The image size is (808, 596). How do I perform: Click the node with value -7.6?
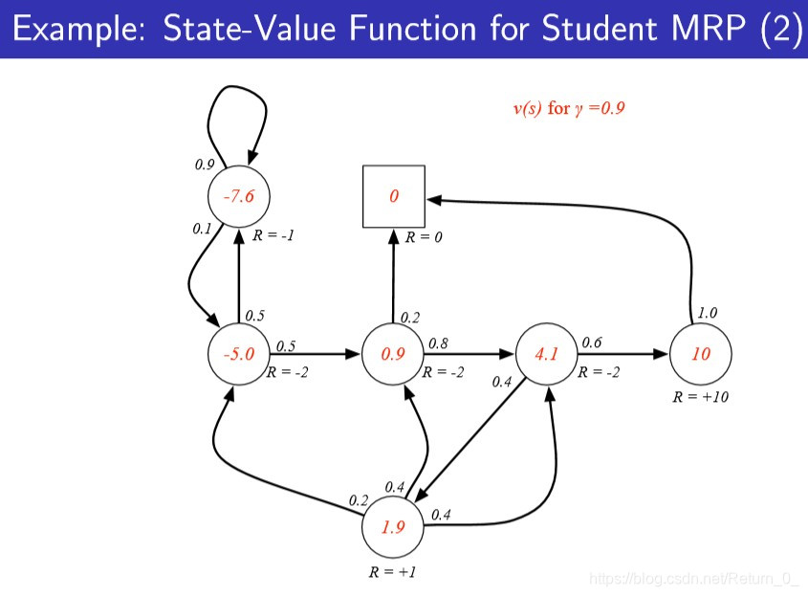[239, 197]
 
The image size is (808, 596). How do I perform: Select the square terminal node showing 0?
[393, 196]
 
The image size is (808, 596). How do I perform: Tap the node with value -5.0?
[239, 354]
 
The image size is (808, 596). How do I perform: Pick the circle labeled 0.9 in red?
[393, 354]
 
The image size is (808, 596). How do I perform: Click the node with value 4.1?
[547, 354]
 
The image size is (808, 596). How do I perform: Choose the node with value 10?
[701, 354]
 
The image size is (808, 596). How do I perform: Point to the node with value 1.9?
[393, 526]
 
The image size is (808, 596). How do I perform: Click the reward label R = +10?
[701, 396]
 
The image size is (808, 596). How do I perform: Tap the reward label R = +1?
[393, 573]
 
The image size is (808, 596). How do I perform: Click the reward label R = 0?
[424, 236]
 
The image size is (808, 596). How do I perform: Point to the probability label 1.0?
[707, 312]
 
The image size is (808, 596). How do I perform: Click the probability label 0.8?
[438, 342]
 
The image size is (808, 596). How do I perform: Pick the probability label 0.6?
[592, 342]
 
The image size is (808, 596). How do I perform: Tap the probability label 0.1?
[201, 229]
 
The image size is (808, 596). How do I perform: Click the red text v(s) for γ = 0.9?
[569, 108]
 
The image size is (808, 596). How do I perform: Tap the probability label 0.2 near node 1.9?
[359, 500]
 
